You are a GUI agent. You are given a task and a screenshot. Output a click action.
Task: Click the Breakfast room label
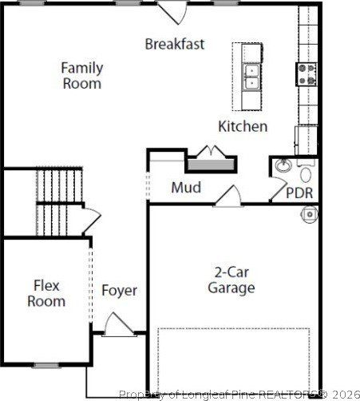174,44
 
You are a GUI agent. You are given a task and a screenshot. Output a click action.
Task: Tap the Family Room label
81,76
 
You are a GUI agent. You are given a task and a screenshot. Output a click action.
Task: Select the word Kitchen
243,126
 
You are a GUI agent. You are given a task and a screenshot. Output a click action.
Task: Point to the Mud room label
186,189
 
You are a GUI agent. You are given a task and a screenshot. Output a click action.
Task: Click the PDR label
299,193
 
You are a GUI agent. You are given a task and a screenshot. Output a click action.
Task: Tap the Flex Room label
46,293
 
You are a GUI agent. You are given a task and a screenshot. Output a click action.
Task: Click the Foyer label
119,291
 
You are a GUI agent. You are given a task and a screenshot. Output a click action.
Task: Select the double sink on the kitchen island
251,77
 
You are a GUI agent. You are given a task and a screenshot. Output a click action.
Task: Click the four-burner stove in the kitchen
306,73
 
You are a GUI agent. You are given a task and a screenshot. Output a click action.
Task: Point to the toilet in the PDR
306,174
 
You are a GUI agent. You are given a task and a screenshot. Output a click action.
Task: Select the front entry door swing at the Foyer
117,324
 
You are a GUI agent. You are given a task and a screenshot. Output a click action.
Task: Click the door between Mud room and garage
227,196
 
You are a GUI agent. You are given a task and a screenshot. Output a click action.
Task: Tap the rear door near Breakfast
172,11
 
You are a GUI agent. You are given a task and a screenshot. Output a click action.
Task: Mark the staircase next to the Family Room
59,200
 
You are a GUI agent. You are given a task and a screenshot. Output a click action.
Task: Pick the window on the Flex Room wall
45,365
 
